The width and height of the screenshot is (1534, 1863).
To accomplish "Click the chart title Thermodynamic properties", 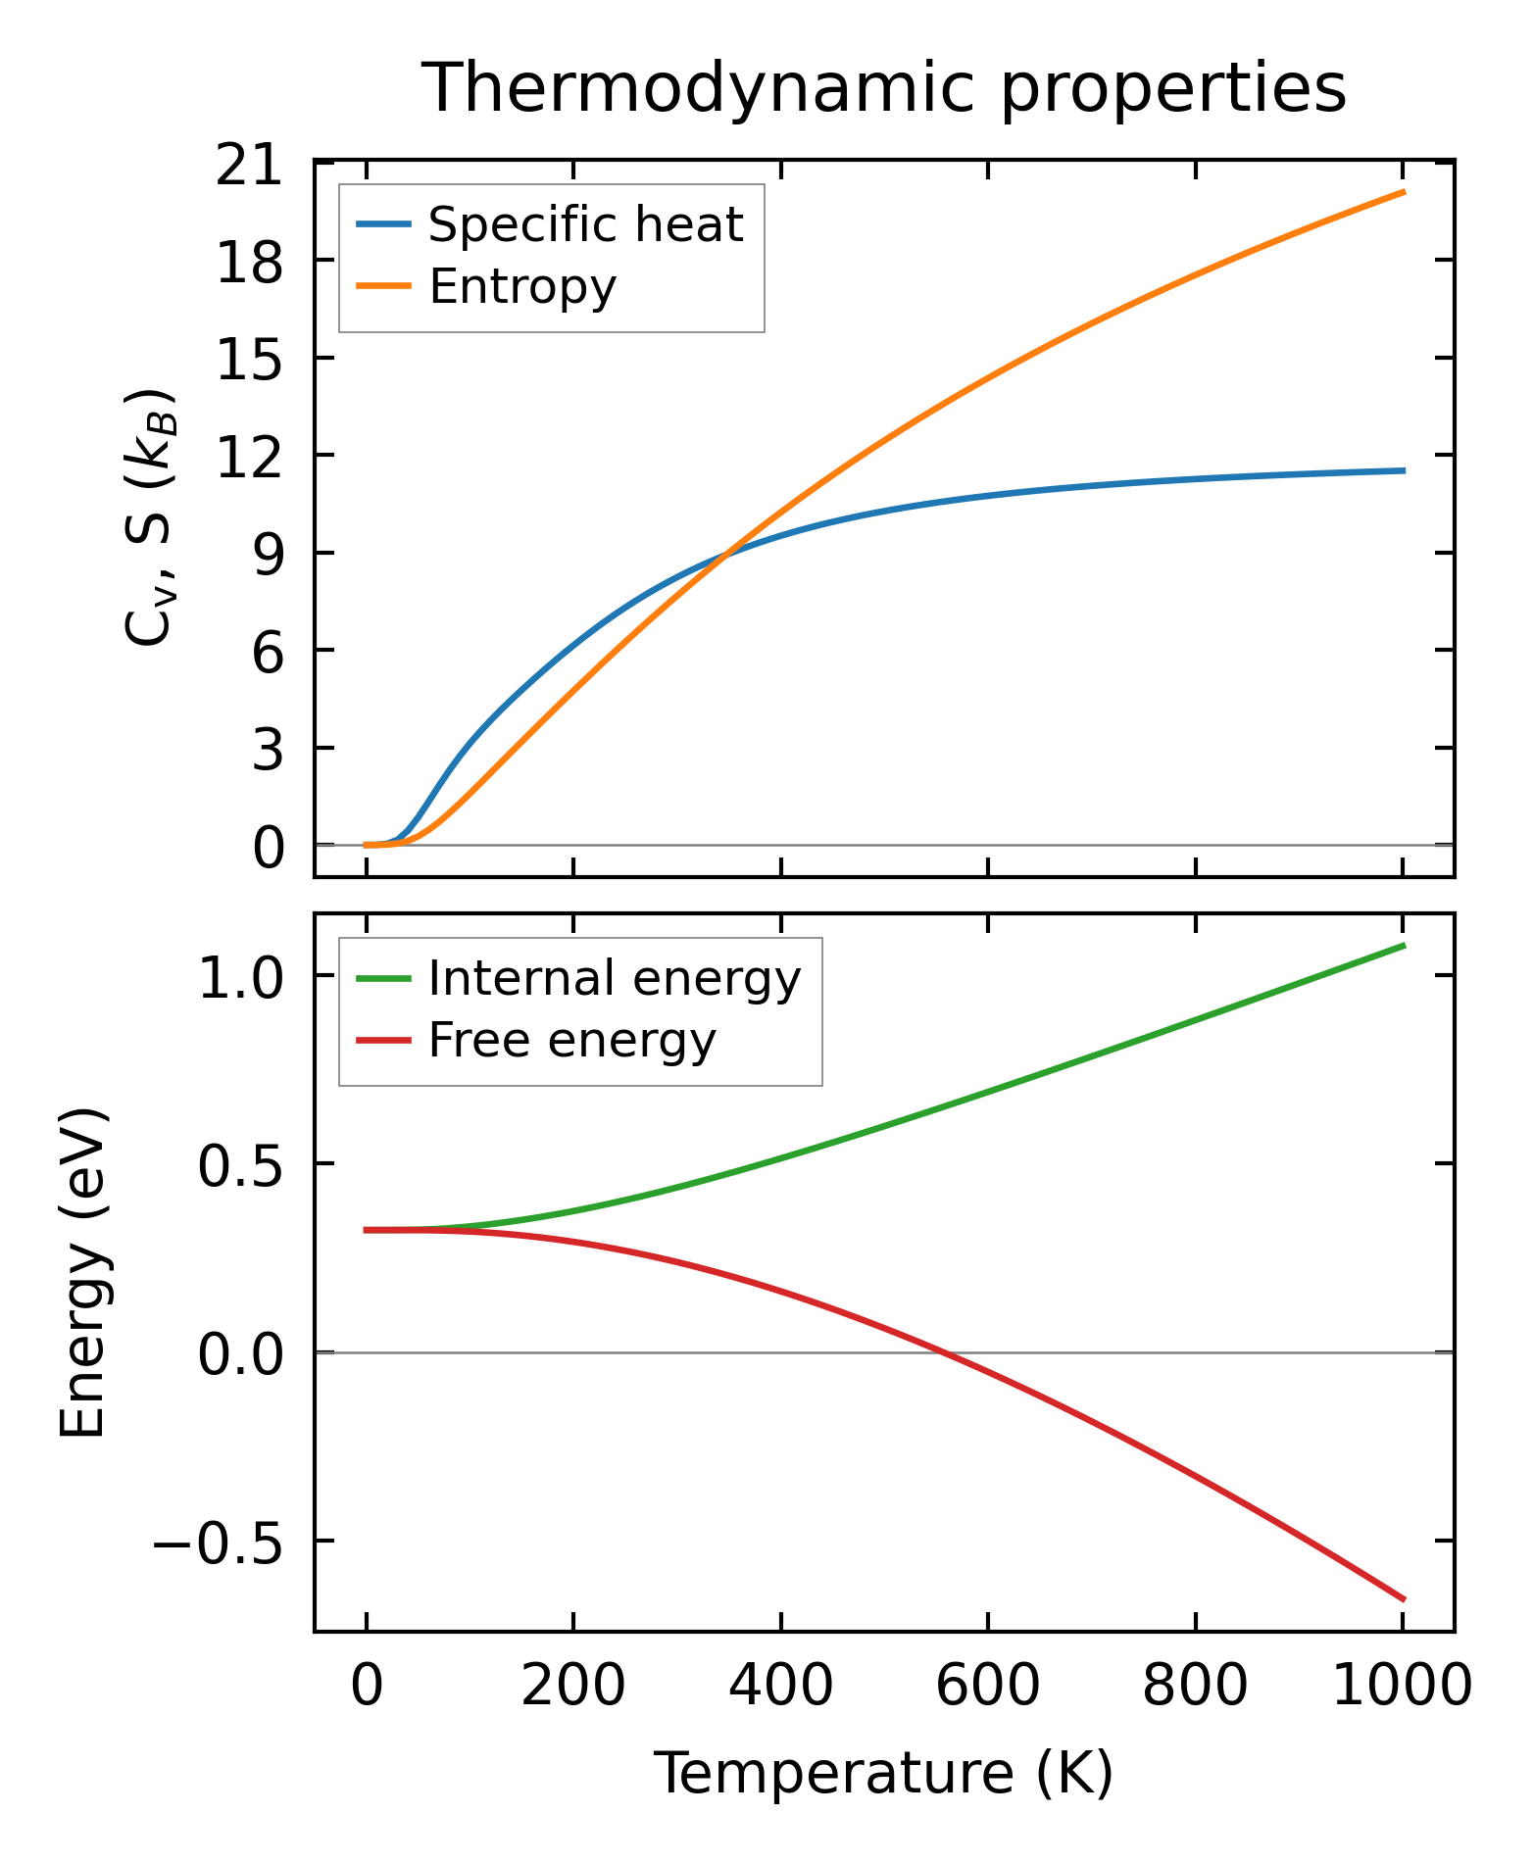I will pyautogui.click(x=883, y=88).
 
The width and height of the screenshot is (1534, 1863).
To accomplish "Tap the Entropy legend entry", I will pyautogui.click(x=521, y=287).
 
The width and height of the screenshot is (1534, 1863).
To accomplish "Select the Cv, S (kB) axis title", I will pyautogui.click(x=149, y=517).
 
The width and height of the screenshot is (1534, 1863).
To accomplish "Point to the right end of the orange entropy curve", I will pyautogui.click(x=1404, y=192).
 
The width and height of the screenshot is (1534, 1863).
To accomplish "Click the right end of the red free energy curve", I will pyautogui.click(x=1404, y=1599).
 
